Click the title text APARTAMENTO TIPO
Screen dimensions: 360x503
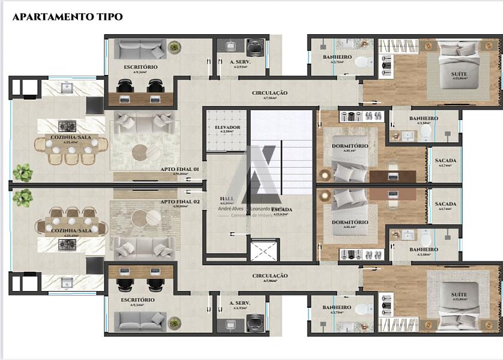(67, 17)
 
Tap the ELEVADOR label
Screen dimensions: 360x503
(227, 128)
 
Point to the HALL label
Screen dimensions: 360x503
(227, 198)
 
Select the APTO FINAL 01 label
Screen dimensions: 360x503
(179, 170)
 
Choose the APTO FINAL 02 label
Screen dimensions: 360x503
(179, 202)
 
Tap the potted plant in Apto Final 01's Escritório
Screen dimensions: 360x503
(175, 47)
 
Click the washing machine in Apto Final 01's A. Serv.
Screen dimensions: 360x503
(255, 47)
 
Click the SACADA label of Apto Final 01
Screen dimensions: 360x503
(445, 161)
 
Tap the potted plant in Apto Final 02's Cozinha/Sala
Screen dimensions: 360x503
(23, 196)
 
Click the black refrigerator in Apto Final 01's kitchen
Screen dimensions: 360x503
(94, 105)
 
